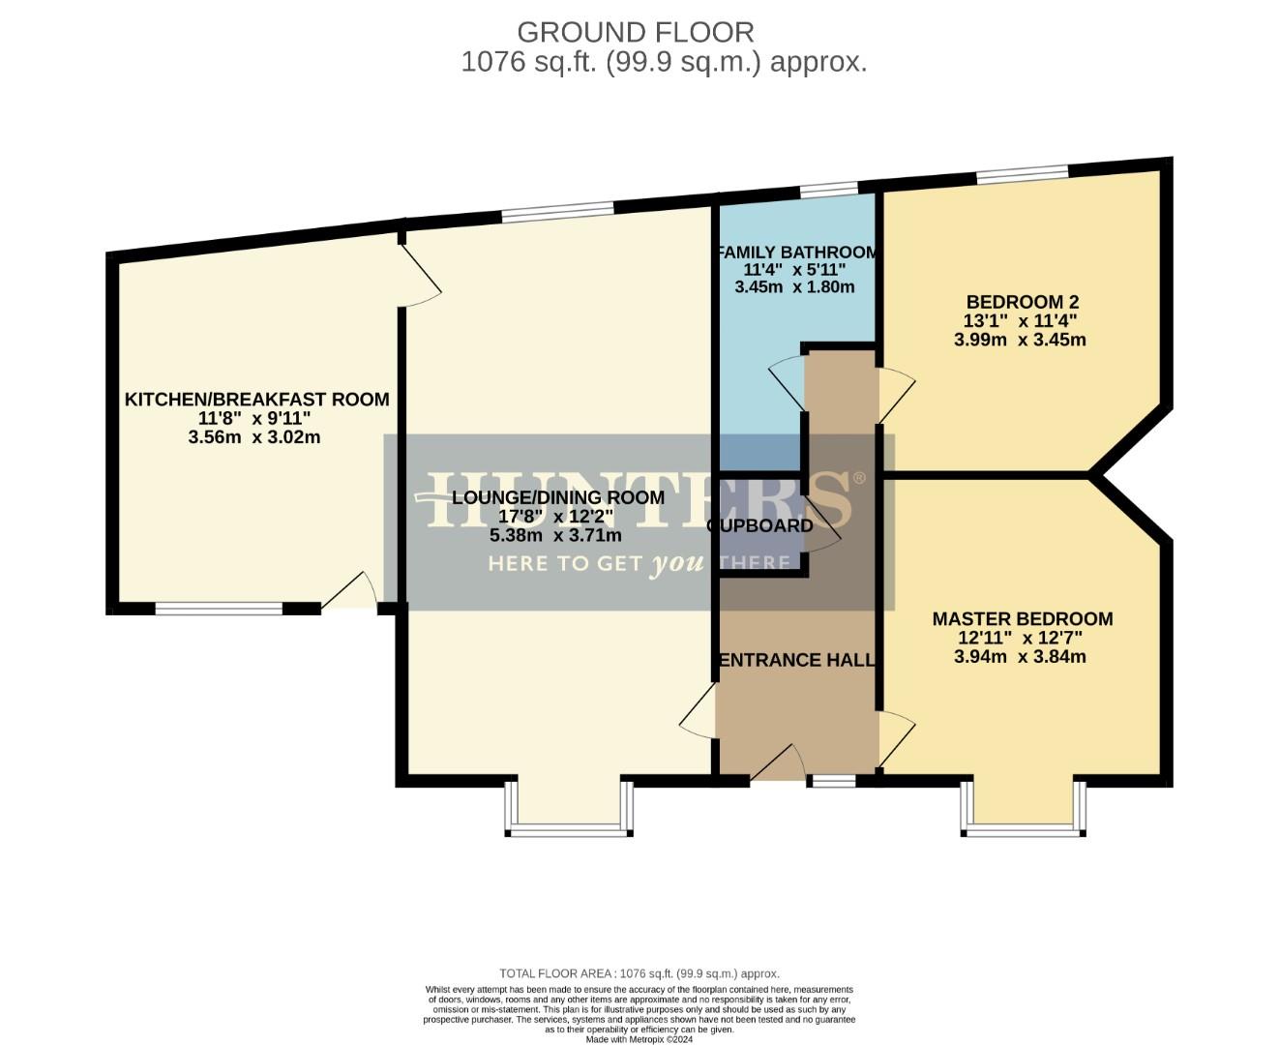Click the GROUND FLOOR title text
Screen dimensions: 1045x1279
(x=635, y=32)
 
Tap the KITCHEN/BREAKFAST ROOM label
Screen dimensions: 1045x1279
(x=256, y=399)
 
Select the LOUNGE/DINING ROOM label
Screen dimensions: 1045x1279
(x=558, y=497)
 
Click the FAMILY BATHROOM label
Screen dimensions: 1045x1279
(x=796, y=253)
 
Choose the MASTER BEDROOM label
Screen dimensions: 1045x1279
(x=1022, y=618)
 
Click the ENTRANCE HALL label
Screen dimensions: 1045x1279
(x=796, y=660)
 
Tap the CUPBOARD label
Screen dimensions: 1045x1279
(x=760, y=525)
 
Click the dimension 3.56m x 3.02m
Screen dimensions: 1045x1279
(x=254, y=437)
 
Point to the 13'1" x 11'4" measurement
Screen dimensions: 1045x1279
(x=1020, y=321)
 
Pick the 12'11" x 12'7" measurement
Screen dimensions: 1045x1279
(x=1020, y=638)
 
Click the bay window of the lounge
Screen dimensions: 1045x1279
(x=568, y=828)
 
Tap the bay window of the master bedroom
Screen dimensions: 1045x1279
(x=1023, y=828)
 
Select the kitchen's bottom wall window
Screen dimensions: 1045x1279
(x=219, y=609)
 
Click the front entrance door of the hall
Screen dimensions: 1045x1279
(x=779, y=764)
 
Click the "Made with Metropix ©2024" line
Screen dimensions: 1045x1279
(x=639, y=1039)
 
